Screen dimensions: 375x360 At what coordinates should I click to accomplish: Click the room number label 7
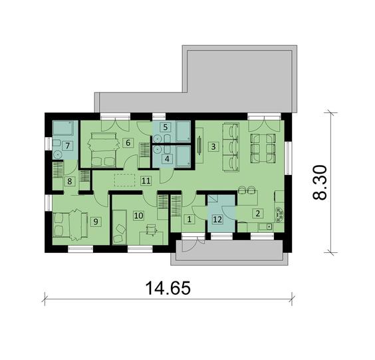pyautogui.click(x=67, y=146)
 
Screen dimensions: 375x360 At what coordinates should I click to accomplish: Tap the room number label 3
pyautogui.click(x=213, y=146)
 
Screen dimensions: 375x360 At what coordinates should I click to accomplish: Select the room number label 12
pyautogui.click(x=217, y=219)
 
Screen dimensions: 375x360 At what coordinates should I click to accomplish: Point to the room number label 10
pyautogui.click(x=139, y=216)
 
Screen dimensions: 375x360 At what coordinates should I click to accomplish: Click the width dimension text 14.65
pyautogui.click(x=168, y=287)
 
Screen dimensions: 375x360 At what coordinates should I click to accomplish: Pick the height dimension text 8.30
pyautogui.click(x=320, y=182)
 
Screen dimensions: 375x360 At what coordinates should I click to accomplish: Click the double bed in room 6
pyautogui.click(x=104, y=150)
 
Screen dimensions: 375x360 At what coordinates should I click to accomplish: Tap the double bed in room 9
pyautogui.click(x=70, y=225)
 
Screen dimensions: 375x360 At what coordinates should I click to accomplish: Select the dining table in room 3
pyautogui.click(x=263, y=148)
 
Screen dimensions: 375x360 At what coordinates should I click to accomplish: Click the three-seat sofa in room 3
pyautogui.click(x=231, y=147)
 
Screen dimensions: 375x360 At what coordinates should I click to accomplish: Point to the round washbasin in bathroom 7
pyautogui.click(x=58, y=154)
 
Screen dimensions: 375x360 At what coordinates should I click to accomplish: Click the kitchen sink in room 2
pyautogui.click(x=266, y=226)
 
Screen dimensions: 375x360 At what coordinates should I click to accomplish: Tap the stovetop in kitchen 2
pyautogui.click(x=279, y=215)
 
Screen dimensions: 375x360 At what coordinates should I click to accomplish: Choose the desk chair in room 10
pyautogui.click(x=151, y=230)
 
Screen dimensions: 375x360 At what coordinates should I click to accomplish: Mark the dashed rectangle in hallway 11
pyautogui.click(x=125, y=180)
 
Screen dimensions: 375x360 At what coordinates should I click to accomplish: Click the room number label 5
pyautogui.click(x=166, y=127)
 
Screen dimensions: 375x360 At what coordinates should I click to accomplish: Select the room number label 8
pyautogui.click(x=69, y=181)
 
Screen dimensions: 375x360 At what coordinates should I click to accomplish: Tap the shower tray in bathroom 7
pyautogui.click(x=63, y=128)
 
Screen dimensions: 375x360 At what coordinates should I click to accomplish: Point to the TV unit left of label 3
pyautogui.click(x=199, y=146)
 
